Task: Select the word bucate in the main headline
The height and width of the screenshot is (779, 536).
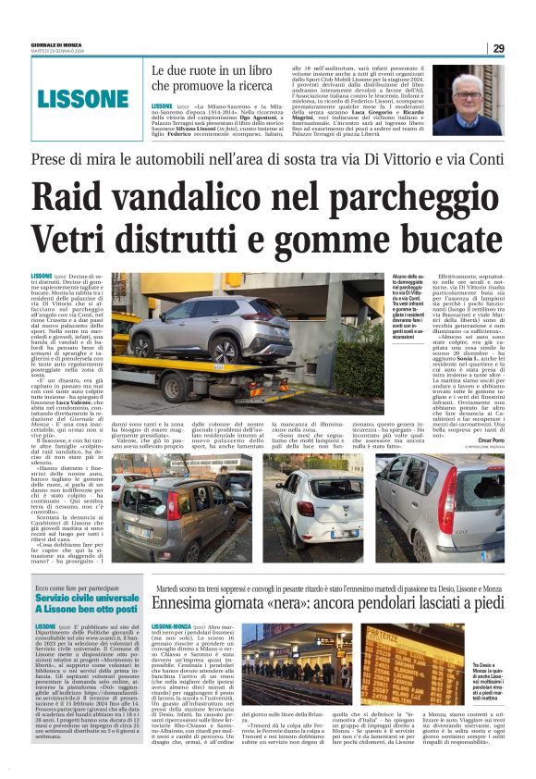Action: click(436, 235)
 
